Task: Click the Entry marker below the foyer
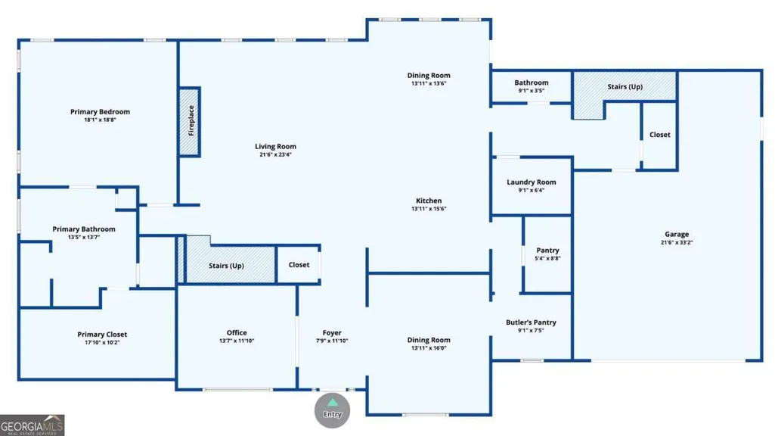tap(332, 410)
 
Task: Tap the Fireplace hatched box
tap(189, 122)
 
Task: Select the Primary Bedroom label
tap(100, 112)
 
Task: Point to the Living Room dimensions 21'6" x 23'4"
tap(275, 154)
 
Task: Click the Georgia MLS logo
tap(32, 425)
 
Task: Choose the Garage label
tap(677, 234)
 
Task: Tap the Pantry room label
tap(547, 251)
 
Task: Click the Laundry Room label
tap(532, 182)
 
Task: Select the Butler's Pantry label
tap(531, 322)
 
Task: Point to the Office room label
tap(237, 332)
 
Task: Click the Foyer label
tap(332, 333)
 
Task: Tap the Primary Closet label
tap(102, 335)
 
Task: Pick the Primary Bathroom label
tap(84, 229)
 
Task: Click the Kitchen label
tap(429, 201)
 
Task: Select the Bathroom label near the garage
tap(532, 83)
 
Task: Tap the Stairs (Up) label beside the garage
tap(625, 86)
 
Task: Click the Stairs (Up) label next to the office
tap(226, 266)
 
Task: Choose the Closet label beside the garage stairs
tap(660, 135)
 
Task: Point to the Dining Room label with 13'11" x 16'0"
tap(429, 340)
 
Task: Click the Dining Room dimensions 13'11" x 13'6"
tap(429, 83)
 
